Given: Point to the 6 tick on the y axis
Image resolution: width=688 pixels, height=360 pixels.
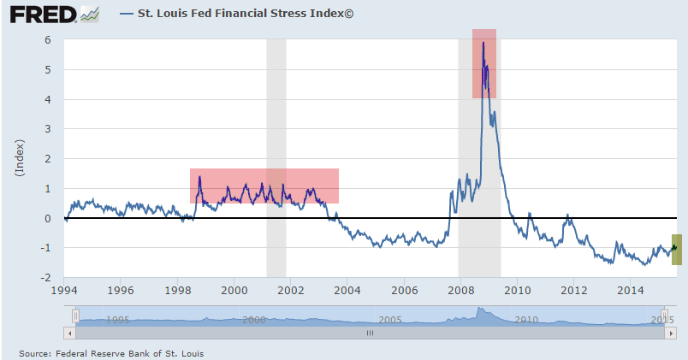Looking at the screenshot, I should tap(49, 40).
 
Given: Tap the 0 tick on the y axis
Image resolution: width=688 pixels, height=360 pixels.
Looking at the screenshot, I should tap(49, 218).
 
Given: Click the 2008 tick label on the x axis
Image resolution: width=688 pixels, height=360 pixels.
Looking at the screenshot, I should tap(460, 290).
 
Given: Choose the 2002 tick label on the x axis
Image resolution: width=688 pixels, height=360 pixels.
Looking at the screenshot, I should tap(290, 290).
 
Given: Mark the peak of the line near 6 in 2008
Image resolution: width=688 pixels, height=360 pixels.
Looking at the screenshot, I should tap(483, 43).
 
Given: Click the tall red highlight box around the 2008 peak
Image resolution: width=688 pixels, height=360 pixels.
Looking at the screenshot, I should tap(484, 64).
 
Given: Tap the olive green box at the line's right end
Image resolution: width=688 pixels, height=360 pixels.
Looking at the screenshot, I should tap(676, 249).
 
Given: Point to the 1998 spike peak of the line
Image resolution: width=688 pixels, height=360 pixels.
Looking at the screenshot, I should tap(199, 177).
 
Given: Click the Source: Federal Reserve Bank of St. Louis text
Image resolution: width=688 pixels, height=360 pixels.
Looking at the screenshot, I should tap(111, 352).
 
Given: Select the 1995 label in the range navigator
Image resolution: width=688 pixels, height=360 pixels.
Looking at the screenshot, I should tap(117, 319).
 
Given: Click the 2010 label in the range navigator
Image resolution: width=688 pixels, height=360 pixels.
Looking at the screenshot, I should tap(525, 319).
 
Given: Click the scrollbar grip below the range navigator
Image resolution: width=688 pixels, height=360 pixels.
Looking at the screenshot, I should tap(370, 333).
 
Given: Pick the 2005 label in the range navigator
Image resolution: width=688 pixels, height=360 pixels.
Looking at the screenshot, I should tap(389, 319).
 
